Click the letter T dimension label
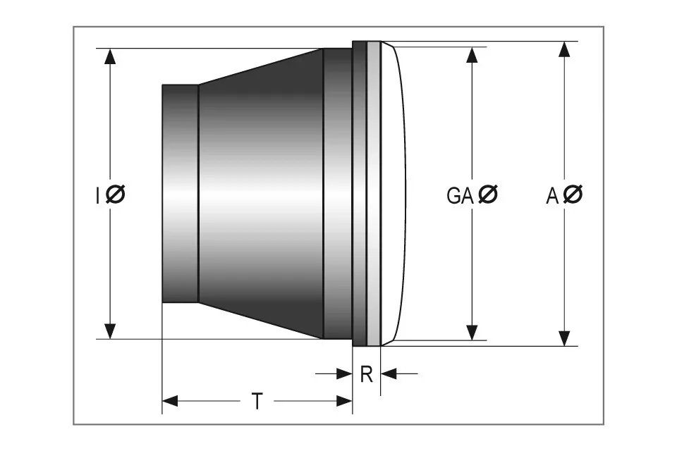[257, 402]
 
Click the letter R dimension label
[366, 374]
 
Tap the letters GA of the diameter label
[460, 195]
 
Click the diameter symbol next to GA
[487, 194]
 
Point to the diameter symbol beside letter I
[116, 194]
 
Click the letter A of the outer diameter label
[552, 195]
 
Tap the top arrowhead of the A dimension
[564, 49]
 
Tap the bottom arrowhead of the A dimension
[564, 338]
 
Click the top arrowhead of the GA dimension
[472, 55]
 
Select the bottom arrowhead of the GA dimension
[472, 332]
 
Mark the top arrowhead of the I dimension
[110, 56]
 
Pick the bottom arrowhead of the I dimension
[110, 330]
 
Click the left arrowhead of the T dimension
[170, 402]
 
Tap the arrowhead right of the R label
[389, 374]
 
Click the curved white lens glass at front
[394, 194]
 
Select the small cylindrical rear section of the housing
[180, 194]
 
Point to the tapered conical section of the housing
[261, 194]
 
